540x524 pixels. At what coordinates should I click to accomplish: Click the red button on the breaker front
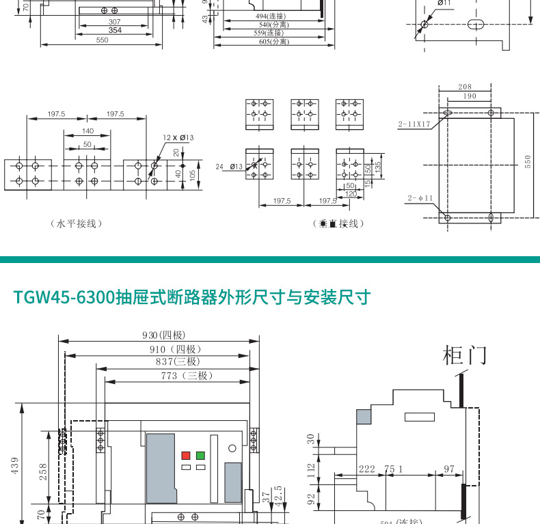[x=185, y=455]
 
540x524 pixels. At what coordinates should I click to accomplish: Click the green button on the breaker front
[x=200, y=455]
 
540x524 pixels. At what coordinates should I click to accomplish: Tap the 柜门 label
[x=465, y=355]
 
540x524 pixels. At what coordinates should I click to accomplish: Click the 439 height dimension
[x=14, y=465]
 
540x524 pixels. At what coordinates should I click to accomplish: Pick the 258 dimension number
[x=43, y=471]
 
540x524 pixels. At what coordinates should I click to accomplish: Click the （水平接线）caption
[x=75, y=224]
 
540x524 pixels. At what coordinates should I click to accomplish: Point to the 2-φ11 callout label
[x=420, y=198]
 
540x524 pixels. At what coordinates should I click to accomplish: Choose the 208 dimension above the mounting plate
[x=465, y=87]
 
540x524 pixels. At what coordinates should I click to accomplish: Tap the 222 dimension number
[x=367, y=469]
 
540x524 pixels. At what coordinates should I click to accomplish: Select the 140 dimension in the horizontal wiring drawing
[x=87, y=131]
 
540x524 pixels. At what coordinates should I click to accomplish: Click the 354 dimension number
[x=115, y=31]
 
